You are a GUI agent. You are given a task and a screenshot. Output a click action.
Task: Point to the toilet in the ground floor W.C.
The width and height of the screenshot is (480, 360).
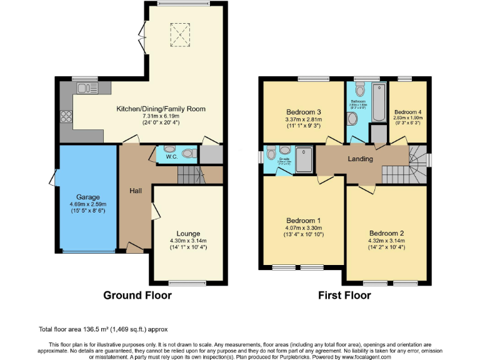189,152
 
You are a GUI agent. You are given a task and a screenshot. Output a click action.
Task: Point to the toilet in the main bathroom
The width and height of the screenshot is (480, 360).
352,119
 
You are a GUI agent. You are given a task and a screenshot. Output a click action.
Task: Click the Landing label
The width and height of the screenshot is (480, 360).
360,159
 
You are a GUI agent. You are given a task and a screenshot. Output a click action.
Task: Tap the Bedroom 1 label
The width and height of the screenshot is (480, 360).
303,221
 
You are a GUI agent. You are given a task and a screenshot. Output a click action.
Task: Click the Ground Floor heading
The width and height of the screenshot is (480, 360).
137,295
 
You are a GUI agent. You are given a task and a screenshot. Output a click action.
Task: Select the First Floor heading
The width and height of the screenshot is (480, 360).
344,295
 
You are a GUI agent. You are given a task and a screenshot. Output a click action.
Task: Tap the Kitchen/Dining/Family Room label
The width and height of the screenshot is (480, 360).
161,109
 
